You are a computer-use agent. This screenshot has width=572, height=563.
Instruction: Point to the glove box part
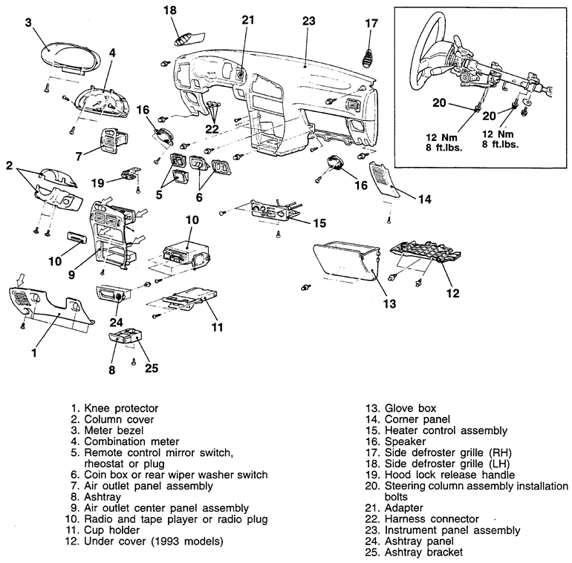346,264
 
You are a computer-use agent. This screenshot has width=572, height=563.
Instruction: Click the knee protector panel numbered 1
52,309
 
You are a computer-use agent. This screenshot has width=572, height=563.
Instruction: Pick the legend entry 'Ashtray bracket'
423,553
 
